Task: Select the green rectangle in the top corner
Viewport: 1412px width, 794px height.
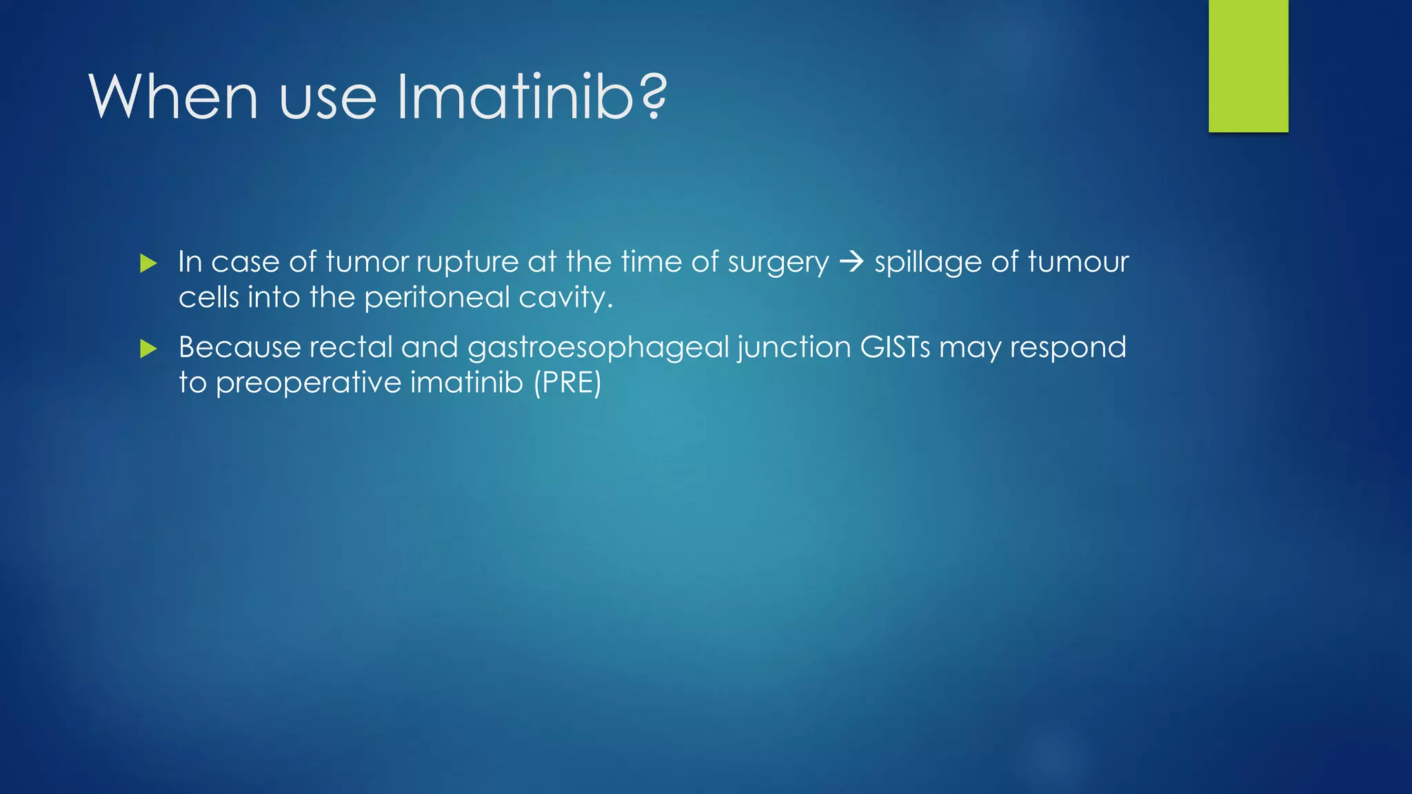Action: tap(1248, 65)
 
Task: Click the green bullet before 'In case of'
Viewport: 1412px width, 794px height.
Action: tap(148, 263)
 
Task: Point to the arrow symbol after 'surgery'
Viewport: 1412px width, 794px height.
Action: tap(852, 262)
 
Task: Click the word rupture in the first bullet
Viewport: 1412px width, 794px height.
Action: tap(466, 262)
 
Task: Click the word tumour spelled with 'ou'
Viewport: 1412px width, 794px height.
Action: tap(1078, 262)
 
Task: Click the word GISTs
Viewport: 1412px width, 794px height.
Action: tap(894, 347)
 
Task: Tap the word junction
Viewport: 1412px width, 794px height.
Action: tap(794, 347)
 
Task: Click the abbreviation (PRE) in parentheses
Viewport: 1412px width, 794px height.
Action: tap(567, 383)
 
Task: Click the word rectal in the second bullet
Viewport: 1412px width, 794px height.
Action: tap(350, 347)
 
